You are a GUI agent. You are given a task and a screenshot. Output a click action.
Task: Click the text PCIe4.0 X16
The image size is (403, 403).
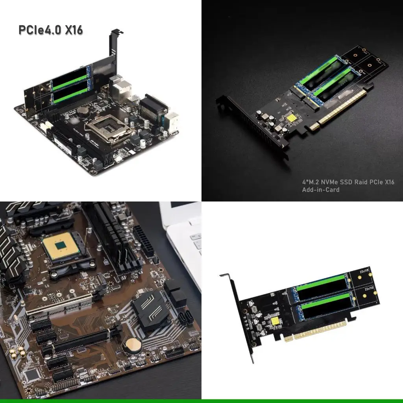click(51, 30)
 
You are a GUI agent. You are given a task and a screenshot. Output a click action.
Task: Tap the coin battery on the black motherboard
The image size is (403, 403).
click(82, 111)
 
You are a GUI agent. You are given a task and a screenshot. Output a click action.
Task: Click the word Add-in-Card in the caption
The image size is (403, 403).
click(320, 190)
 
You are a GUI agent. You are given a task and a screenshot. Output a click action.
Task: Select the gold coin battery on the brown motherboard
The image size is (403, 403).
click(133, 345)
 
